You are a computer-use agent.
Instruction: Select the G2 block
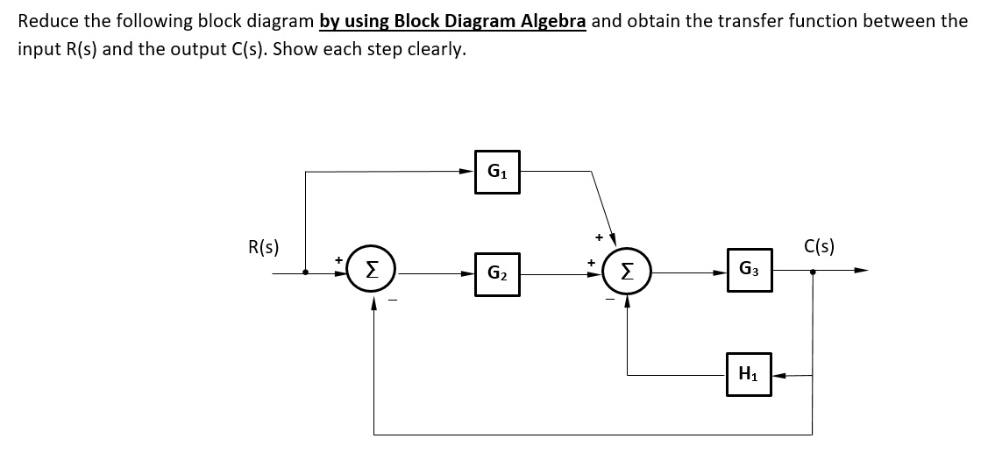pos(497,274)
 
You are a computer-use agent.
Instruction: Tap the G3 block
pos(749,270)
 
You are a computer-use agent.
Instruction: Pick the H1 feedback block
pos(749,375)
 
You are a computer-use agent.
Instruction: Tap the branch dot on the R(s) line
pos(305,272)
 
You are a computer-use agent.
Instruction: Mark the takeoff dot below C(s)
pos(813,272)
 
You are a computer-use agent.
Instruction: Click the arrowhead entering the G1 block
pos(468,171)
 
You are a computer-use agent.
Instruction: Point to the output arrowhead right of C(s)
pos(861,272)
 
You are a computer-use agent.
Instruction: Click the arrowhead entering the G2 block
pos(468,274)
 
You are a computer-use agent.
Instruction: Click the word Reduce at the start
pos(43,20)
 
